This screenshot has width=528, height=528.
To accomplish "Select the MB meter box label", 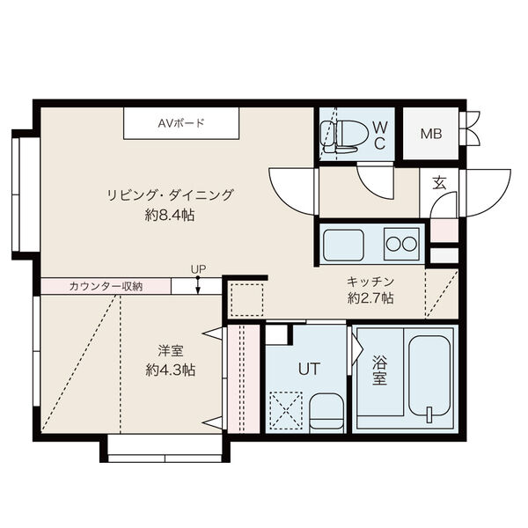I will tap(430, 134).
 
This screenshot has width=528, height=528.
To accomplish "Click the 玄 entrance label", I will tap(438, 183).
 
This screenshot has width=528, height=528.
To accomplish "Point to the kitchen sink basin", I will tap(343, 244).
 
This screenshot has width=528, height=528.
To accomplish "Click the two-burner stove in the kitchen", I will tap(401, 244).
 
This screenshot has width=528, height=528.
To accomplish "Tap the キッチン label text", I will tap(370, 282).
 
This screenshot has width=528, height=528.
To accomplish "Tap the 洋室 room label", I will tap(171, 351).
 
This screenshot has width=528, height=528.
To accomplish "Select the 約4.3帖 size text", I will tap(171, 370).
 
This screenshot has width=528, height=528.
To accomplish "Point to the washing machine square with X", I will tap(285, 409).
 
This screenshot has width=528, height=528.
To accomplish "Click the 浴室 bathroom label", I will tap(380, 370).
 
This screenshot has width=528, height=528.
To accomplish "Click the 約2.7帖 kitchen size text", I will tap(370, 299).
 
